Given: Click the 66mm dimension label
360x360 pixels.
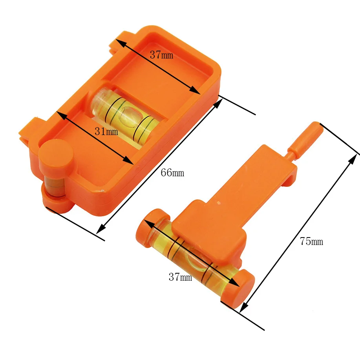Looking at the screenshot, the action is click(172, 173).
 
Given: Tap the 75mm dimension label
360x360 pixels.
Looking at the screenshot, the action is click(312, 241).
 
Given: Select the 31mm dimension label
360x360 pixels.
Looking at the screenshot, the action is click(106, 132).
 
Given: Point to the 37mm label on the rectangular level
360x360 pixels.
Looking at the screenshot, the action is click(161, 55).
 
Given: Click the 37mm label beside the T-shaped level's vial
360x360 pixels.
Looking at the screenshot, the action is click(181, 277).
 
